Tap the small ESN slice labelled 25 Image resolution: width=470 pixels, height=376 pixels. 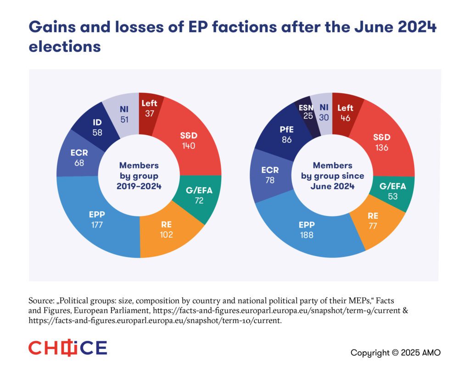click(x=306, y=113)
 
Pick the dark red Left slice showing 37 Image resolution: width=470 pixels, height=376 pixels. click(x=149, y=108)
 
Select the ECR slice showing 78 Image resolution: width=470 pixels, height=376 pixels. click(x=269, y=174)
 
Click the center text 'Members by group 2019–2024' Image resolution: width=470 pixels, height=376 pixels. click(x=139, y=175)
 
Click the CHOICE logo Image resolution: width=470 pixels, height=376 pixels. click(x=67, y=348)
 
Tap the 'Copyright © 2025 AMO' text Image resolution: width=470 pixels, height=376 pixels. click(x=396, y=353)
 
